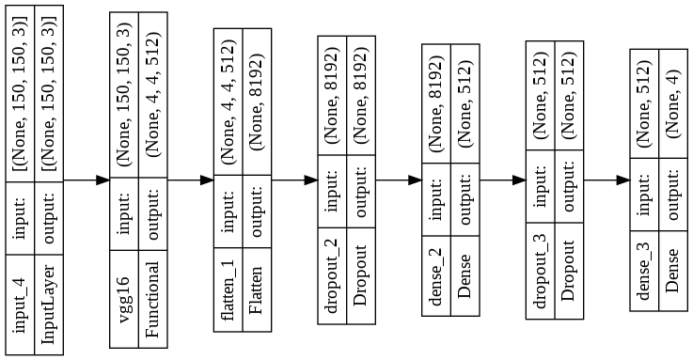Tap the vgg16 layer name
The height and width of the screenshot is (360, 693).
[125, 298]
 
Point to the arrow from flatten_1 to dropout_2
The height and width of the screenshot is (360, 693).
[294, 179]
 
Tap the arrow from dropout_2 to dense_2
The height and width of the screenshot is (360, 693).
[399, 179]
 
